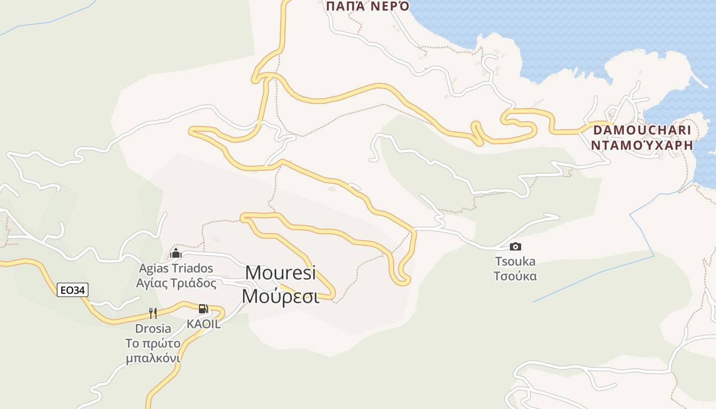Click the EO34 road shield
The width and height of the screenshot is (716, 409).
click(x=73, y=290)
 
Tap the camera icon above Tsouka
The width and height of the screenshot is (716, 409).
click(x=516, y=247)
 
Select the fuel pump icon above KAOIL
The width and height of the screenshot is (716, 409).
click(x=203, y=309)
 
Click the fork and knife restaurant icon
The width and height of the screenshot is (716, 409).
click(x=152, y=313)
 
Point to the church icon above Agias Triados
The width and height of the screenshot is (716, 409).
click(x=176, y=254)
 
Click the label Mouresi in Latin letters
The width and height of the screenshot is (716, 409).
click(x=280, y=273)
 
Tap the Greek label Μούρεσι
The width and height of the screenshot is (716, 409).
click(x=280, y=296)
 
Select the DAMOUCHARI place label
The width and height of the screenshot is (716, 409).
click(x=642, y=130)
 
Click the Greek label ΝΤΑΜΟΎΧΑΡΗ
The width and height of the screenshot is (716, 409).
click(x=642, y=145)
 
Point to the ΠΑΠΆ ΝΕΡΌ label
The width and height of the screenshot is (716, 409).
click(x=367, y=6)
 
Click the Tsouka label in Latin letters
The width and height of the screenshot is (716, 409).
click(x=515, y=262)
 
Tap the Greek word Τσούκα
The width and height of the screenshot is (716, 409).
click(x=515, y=277)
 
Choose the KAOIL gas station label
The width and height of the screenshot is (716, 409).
click(x=204, y=324)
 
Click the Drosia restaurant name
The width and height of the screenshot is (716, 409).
click(x=153, y=328)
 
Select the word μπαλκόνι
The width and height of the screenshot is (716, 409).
click(x=153, y=358)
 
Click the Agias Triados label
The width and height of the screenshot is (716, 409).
click(x=176, y=268)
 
